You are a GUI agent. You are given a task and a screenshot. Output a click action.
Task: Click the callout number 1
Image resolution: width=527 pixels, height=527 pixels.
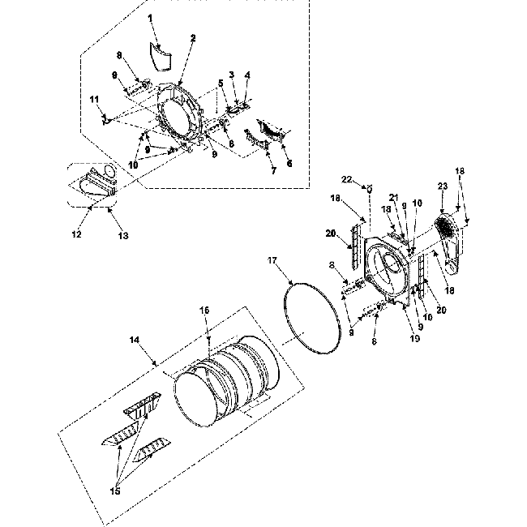click(149, 17)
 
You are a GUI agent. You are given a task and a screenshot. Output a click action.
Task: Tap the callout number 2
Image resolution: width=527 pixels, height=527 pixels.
click(193, 38)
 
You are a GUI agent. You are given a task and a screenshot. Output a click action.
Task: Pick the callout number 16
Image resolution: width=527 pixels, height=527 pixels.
click(205, 311)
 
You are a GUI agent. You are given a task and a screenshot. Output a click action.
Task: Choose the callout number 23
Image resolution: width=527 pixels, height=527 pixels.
click(443, 186)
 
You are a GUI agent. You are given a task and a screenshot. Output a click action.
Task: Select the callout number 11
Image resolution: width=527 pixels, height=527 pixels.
click(93, 99)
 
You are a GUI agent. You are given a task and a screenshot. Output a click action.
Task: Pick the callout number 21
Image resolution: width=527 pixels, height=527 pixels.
click(392, 197)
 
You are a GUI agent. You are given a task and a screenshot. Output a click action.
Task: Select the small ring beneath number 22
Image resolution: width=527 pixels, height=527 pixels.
click(371, 188)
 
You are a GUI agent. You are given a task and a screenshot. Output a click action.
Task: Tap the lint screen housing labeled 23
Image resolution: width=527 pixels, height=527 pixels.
click(448, 235)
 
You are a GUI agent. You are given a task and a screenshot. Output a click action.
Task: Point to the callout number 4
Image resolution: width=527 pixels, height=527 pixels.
click(247, 75)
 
